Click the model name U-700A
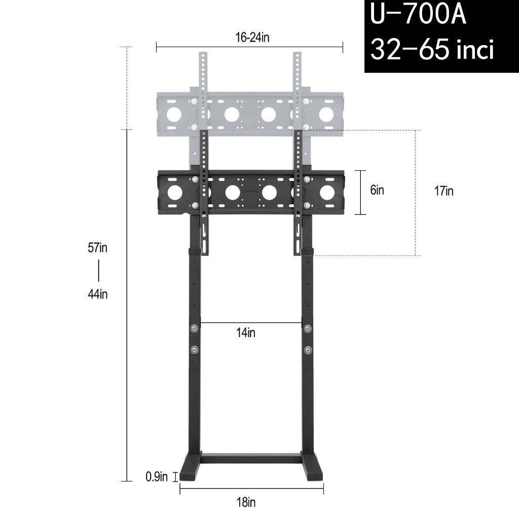coord(418,15)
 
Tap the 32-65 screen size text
coord(432,50)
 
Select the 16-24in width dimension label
coord(249,39)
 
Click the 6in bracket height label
coord(377,191)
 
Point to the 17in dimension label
coord(443,192)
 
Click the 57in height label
coord(98,248)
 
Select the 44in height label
coord(98,294)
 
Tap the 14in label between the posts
coord(246,333)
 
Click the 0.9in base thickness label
coord(156,477)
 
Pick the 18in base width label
coord(246,503)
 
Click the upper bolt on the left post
coord(194,329)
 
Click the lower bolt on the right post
coord(308,350)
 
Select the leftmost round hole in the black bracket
coord(174,193)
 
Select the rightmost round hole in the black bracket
coord(327,193)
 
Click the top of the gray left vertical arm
coord(203,57)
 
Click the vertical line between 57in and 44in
coord(98,271)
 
